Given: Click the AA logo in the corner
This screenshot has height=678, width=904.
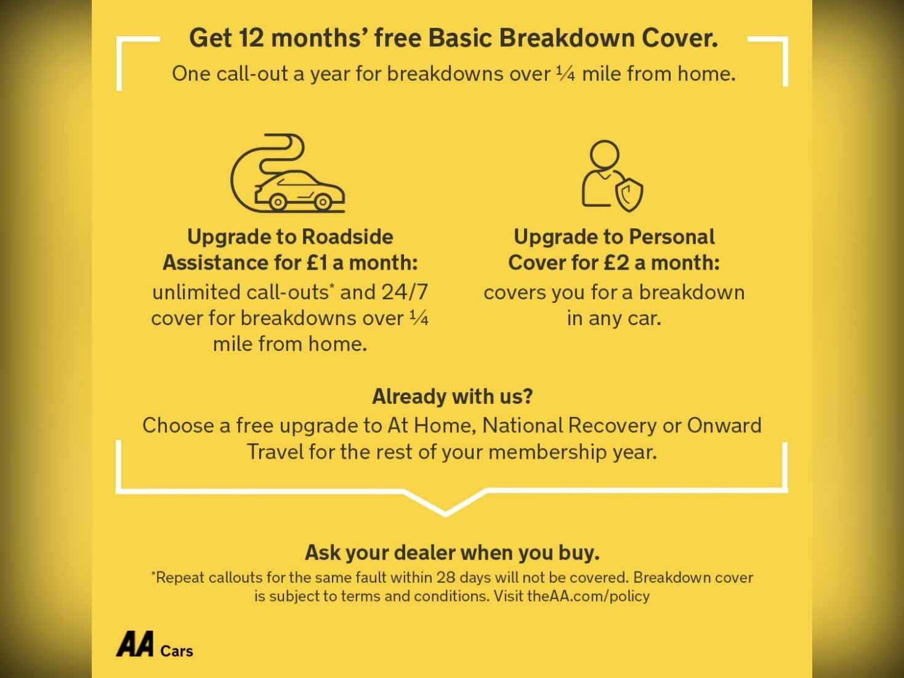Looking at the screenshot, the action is tap(135, 644).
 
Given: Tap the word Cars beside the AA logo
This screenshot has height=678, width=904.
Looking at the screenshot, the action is tap(177, 651).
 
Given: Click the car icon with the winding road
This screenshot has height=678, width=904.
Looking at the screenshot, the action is tap(288, 173).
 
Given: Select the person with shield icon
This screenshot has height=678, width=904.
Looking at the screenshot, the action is tap(612, 176).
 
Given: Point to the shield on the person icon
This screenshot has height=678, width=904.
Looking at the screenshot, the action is tap(629, 195).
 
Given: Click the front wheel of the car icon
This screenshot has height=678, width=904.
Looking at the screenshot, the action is tap(323, 202).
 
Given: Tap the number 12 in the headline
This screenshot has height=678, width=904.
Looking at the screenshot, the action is tap(251, 38).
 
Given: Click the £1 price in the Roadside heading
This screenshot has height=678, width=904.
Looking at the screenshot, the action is tap(317, 262).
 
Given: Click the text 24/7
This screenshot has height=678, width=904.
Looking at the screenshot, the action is tap(405, 293).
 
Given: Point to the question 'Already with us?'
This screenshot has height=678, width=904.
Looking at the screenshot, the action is tap(452, 397).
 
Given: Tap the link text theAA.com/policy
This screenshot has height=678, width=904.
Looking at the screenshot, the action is tap(588, 596).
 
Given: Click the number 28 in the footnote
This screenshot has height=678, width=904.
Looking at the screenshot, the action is tap(446, 577).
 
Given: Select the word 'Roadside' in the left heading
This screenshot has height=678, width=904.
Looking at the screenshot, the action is tap(347, 236).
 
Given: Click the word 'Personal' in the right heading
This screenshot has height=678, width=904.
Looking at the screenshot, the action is tap(671, 236).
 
